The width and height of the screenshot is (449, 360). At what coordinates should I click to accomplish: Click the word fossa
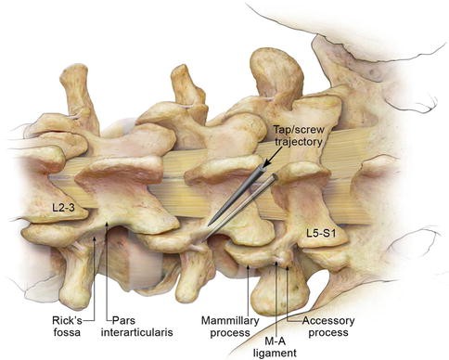(68, 334)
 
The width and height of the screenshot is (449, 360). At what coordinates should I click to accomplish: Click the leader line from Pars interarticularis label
(111, 278)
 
